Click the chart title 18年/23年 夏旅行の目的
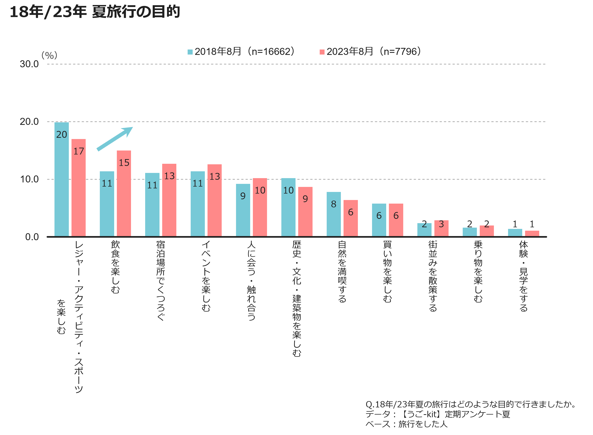(x=95, y=12)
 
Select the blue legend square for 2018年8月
(x=190, y=52)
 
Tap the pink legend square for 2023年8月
(x=322, y=52)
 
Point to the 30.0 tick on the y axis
(x=29, y=64)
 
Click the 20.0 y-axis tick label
(x=29, y=122)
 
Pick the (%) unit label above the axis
(x=49, y=55)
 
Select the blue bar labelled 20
(x=62, y=179)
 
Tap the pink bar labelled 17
(x=79, y=188)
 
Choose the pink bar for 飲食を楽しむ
(x=124, y=194)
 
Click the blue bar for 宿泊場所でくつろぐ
(x=152, y=205)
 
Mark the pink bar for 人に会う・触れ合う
(x=260, y=207)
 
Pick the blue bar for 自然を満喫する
(x=334, y=214)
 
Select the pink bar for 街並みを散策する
(x=441, y=228)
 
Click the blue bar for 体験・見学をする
(x=515, y=233)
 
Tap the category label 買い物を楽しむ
(x=387, y=271)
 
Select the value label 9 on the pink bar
(x=305, y=199)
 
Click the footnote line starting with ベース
(x=406, y=424)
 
